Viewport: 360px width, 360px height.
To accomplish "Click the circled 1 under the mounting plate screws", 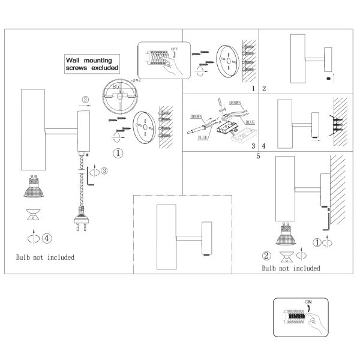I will point(119,153).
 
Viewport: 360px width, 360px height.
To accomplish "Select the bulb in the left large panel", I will point(32,187).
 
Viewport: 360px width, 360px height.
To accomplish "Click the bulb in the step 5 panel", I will point(286,236).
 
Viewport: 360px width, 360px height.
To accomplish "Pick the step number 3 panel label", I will point(253,145).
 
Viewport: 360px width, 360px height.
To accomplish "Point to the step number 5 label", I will point(258,157).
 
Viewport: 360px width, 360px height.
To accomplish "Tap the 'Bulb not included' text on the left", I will point(46,257).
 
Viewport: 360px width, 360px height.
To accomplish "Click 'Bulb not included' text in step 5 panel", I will point(291,268).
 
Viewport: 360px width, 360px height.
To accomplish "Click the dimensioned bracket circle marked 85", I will point(119,95).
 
